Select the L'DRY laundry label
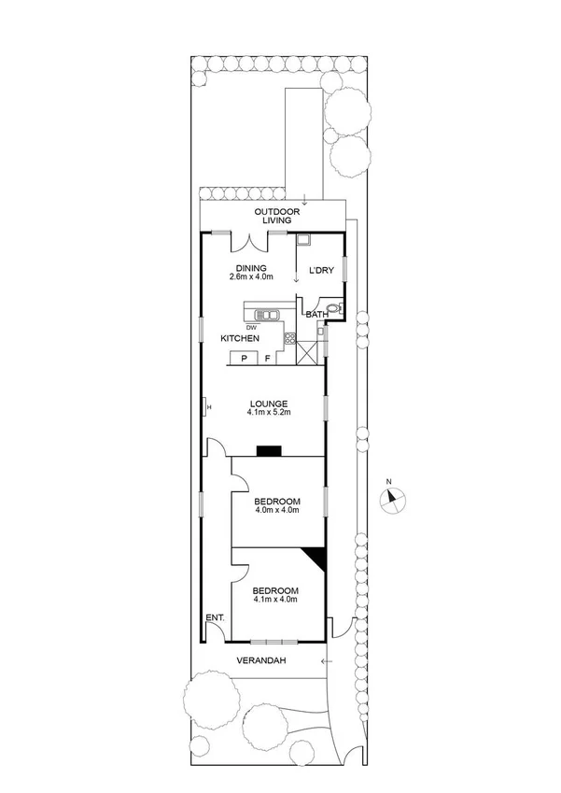[x=321, y=270]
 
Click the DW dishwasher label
[x=251, y=327]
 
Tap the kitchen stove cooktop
[x=289, y=339]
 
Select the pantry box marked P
[x=245, y=358]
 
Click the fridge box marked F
[x=267, y=358]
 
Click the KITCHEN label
[x=239, y=338]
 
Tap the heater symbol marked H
[x=208, y=406]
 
